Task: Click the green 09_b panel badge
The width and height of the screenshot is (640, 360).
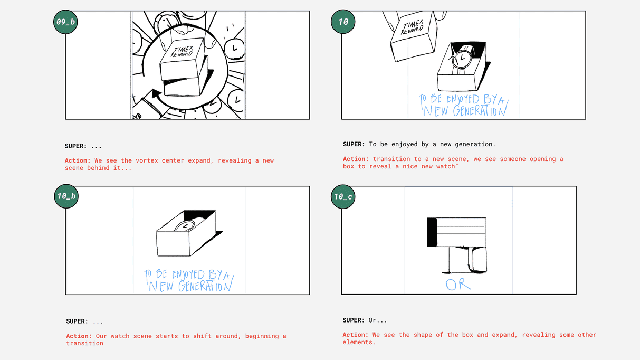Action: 65,22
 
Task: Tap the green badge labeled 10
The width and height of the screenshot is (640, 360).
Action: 343,22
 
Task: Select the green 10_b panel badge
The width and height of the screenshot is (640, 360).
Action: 66,196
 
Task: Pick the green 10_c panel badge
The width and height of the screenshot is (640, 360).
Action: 343,197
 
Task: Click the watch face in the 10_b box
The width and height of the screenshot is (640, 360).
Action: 186,226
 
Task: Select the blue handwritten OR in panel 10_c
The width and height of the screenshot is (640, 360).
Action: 458,285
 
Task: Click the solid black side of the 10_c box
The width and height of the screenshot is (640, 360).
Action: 432,232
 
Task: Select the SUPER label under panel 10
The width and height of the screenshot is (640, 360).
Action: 354,144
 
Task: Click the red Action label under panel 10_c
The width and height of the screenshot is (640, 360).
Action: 356,335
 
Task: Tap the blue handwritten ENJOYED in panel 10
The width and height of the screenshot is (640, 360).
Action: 463,99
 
